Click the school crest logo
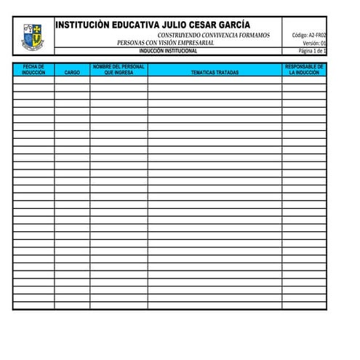pos(33,36)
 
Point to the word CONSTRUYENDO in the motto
pos(180,35)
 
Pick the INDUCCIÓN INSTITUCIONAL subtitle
pos(168,51)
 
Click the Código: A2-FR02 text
pos(308,35)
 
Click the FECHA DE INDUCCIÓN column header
pos(33,70)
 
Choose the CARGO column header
pos(72,73)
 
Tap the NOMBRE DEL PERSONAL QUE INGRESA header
pos(119,70)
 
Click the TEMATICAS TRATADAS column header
pos(215,73)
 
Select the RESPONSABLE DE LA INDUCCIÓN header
pos(304,70)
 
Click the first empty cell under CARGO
pos(72,81)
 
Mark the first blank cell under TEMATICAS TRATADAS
pos(215,81)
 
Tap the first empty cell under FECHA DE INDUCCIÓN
pos(33,81)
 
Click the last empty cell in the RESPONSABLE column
pos(304,305)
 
